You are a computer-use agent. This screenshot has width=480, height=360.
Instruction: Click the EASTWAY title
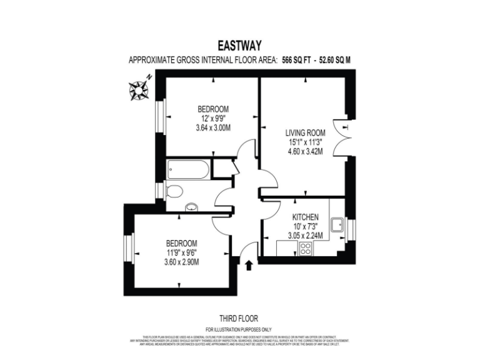(239, 45)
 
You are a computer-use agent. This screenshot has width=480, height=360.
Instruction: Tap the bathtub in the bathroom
(188, 168)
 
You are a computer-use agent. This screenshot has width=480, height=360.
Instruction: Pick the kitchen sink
(337, 224)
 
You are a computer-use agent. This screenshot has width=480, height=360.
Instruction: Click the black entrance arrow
(249, 266)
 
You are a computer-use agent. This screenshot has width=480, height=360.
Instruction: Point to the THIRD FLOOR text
(239, 317)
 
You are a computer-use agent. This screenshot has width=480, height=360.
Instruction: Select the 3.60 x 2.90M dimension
(181, 262)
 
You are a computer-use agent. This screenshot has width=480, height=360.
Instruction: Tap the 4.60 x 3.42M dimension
(305, 152)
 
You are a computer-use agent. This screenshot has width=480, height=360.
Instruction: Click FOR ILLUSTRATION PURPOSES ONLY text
(239, 329)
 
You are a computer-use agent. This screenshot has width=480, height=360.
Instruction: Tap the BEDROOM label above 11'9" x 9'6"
(181, 243)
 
